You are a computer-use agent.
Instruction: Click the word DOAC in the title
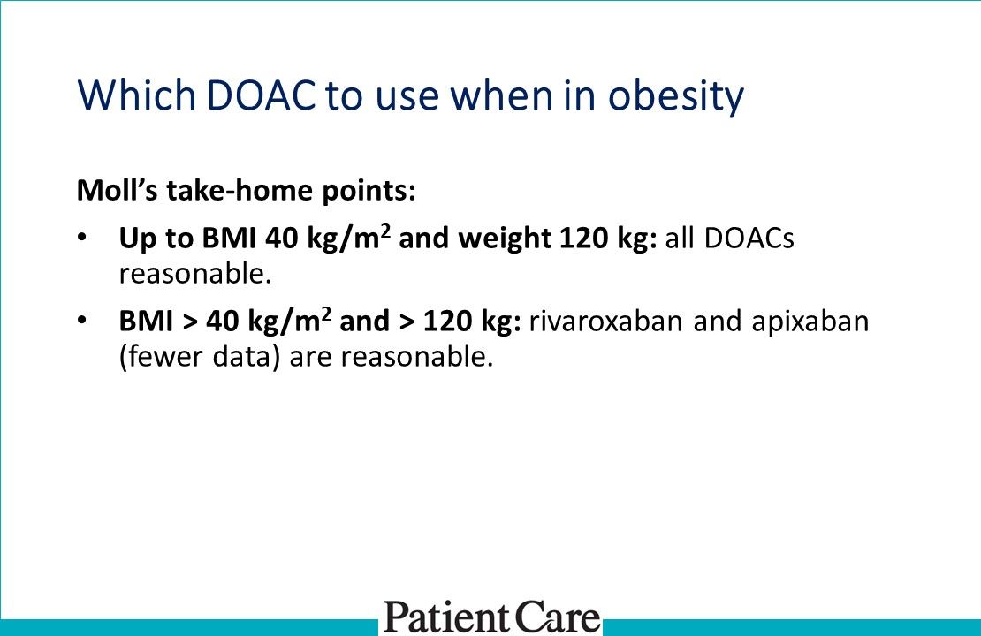[261, 95]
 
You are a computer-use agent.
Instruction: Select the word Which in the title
[138, 95]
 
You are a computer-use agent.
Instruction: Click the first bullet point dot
[82, 238]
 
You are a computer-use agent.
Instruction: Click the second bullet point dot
[82, 320]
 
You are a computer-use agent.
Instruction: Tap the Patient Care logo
[491, 617]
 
